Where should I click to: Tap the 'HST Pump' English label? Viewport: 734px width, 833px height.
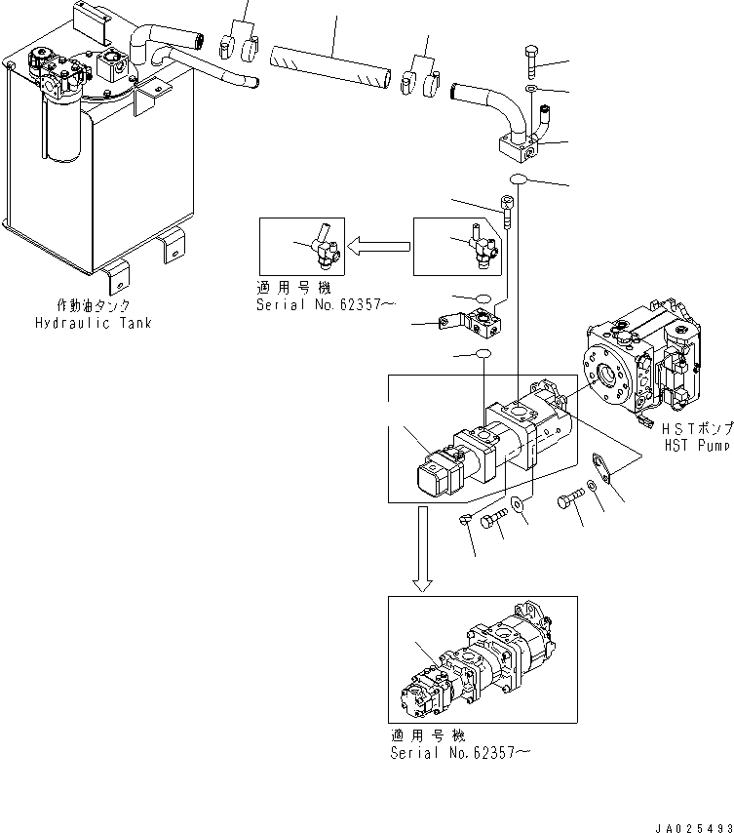[x=695, y=445]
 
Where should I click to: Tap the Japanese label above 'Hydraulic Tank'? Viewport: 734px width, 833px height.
[x=107, y=306]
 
